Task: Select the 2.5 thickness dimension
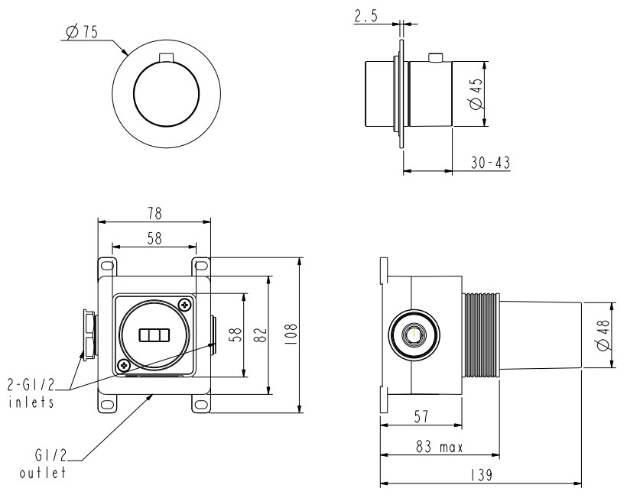click(x=367, y=15)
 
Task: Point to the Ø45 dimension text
click(x=476, y=94)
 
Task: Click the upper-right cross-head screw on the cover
click(x=184, y=305)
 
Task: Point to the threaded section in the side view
click(x=481, y=335)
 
